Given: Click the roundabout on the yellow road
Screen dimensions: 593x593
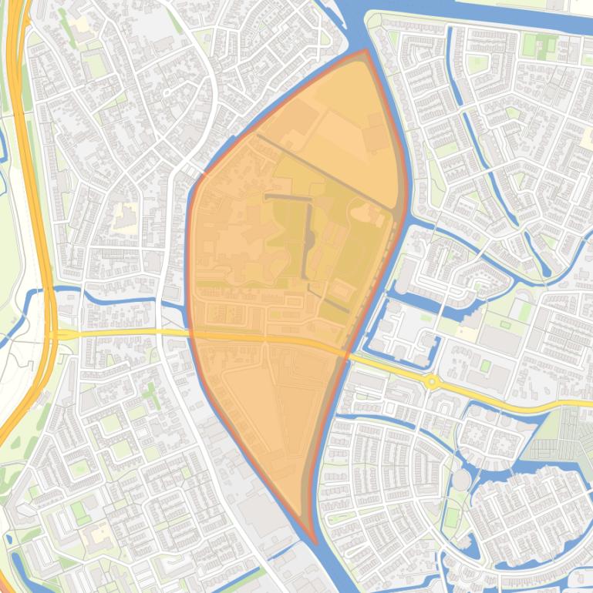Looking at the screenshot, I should (432, 381).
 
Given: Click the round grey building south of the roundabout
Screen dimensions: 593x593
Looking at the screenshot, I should (460, 480).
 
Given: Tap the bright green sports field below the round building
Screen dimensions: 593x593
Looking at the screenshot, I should (452, 516).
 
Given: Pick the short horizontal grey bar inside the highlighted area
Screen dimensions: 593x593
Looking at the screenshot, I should (286, 197).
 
